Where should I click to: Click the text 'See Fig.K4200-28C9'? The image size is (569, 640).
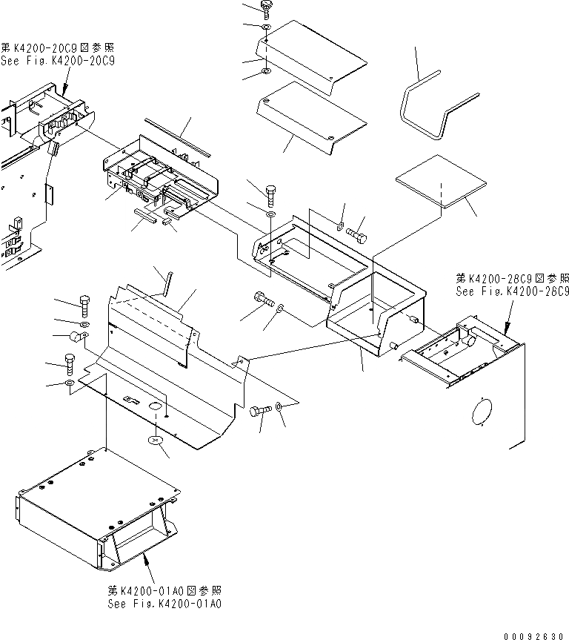(512, 291)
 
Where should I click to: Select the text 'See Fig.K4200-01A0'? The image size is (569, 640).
(164, 604)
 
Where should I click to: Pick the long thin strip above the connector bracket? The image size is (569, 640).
(178, 136)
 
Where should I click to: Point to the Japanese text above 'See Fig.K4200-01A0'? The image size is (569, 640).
(164, 591)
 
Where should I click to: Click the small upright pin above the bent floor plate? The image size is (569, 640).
(169, 283)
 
